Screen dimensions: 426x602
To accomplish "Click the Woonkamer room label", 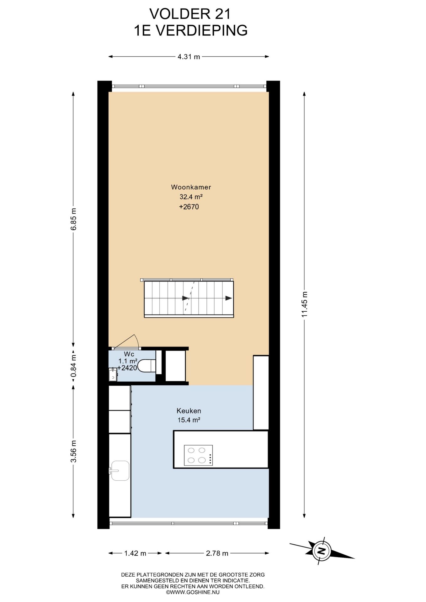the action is (x=191, y=187).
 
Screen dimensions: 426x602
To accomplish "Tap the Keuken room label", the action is (x=189, y=411).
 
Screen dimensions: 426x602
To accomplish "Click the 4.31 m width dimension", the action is (x=189, y=57).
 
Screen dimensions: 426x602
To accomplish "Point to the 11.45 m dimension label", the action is (x=304, y=304).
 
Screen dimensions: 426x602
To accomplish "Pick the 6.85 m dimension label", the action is (x=73, y=219).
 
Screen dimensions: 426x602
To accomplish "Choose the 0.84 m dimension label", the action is (x=73, y=366).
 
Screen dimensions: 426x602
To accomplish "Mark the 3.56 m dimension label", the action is (x=73, y=451).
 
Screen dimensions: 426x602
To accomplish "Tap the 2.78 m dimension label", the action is (x=217, y=553).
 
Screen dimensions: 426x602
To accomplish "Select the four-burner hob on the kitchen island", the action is (x=198, y=455).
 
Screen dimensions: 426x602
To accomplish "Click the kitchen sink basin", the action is (x=120, y=471).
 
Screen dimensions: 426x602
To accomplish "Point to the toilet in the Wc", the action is (x=146, y=366).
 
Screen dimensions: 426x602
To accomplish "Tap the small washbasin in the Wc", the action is (x=113, y=374).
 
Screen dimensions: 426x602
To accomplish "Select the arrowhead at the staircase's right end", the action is (x=229, y=298).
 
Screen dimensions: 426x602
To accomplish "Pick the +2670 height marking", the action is (x=189, y=207).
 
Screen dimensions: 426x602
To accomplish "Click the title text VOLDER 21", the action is (x=190, y=14).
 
